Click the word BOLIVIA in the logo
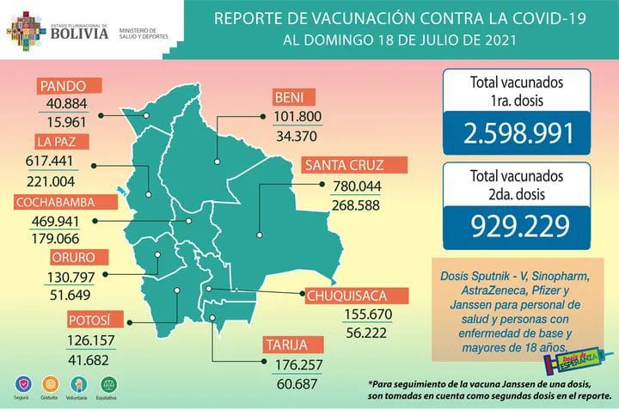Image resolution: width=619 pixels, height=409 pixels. coord(78,35)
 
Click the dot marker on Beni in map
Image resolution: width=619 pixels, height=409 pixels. coord(216,160)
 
